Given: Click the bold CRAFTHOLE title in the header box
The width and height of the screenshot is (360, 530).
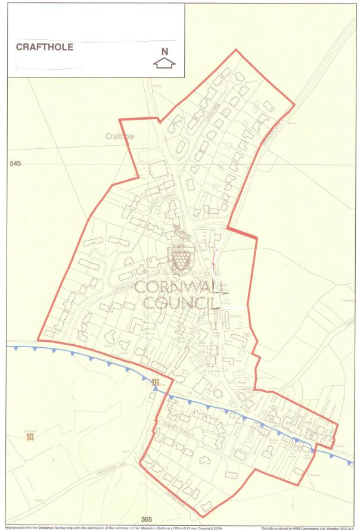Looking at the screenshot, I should (x=44, y=47).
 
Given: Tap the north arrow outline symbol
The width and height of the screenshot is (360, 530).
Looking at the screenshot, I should (x=165, y=62).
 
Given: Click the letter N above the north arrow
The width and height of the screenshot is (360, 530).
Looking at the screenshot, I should (x=165, y=51).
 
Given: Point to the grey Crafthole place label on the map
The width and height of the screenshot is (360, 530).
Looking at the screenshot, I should (x=120, y=136).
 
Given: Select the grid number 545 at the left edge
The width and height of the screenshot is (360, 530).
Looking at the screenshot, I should (x=15, y=163).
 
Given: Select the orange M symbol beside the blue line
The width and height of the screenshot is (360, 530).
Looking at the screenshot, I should (x=156, y=382).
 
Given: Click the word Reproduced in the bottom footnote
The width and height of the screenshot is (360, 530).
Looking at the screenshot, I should (x=15, y=528).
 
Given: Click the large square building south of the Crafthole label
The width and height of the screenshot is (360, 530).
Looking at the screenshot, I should (x=159, y=170).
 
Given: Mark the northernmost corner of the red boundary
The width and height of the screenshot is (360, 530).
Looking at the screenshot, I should (x=237, y=50).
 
